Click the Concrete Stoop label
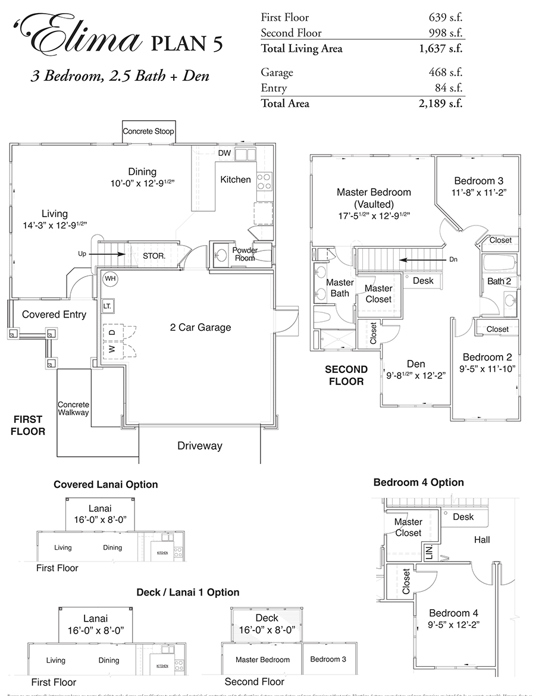tap(148, 131)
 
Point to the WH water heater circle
tap(110, 278)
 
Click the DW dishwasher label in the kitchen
tap(224, 153)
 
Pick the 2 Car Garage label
tap(200, 327)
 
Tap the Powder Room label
tap(245, 254)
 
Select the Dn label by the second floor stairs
tap(453, 259)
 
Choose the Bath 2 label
tap(499, 281)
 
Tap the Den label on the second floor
tap(415, 364)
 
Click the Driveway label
tap(199, 446)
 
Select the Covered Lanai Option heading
tap(106, 484)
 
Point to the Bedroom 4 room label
tap(453, 613)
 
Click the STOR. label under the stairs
tap(153, 256)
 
